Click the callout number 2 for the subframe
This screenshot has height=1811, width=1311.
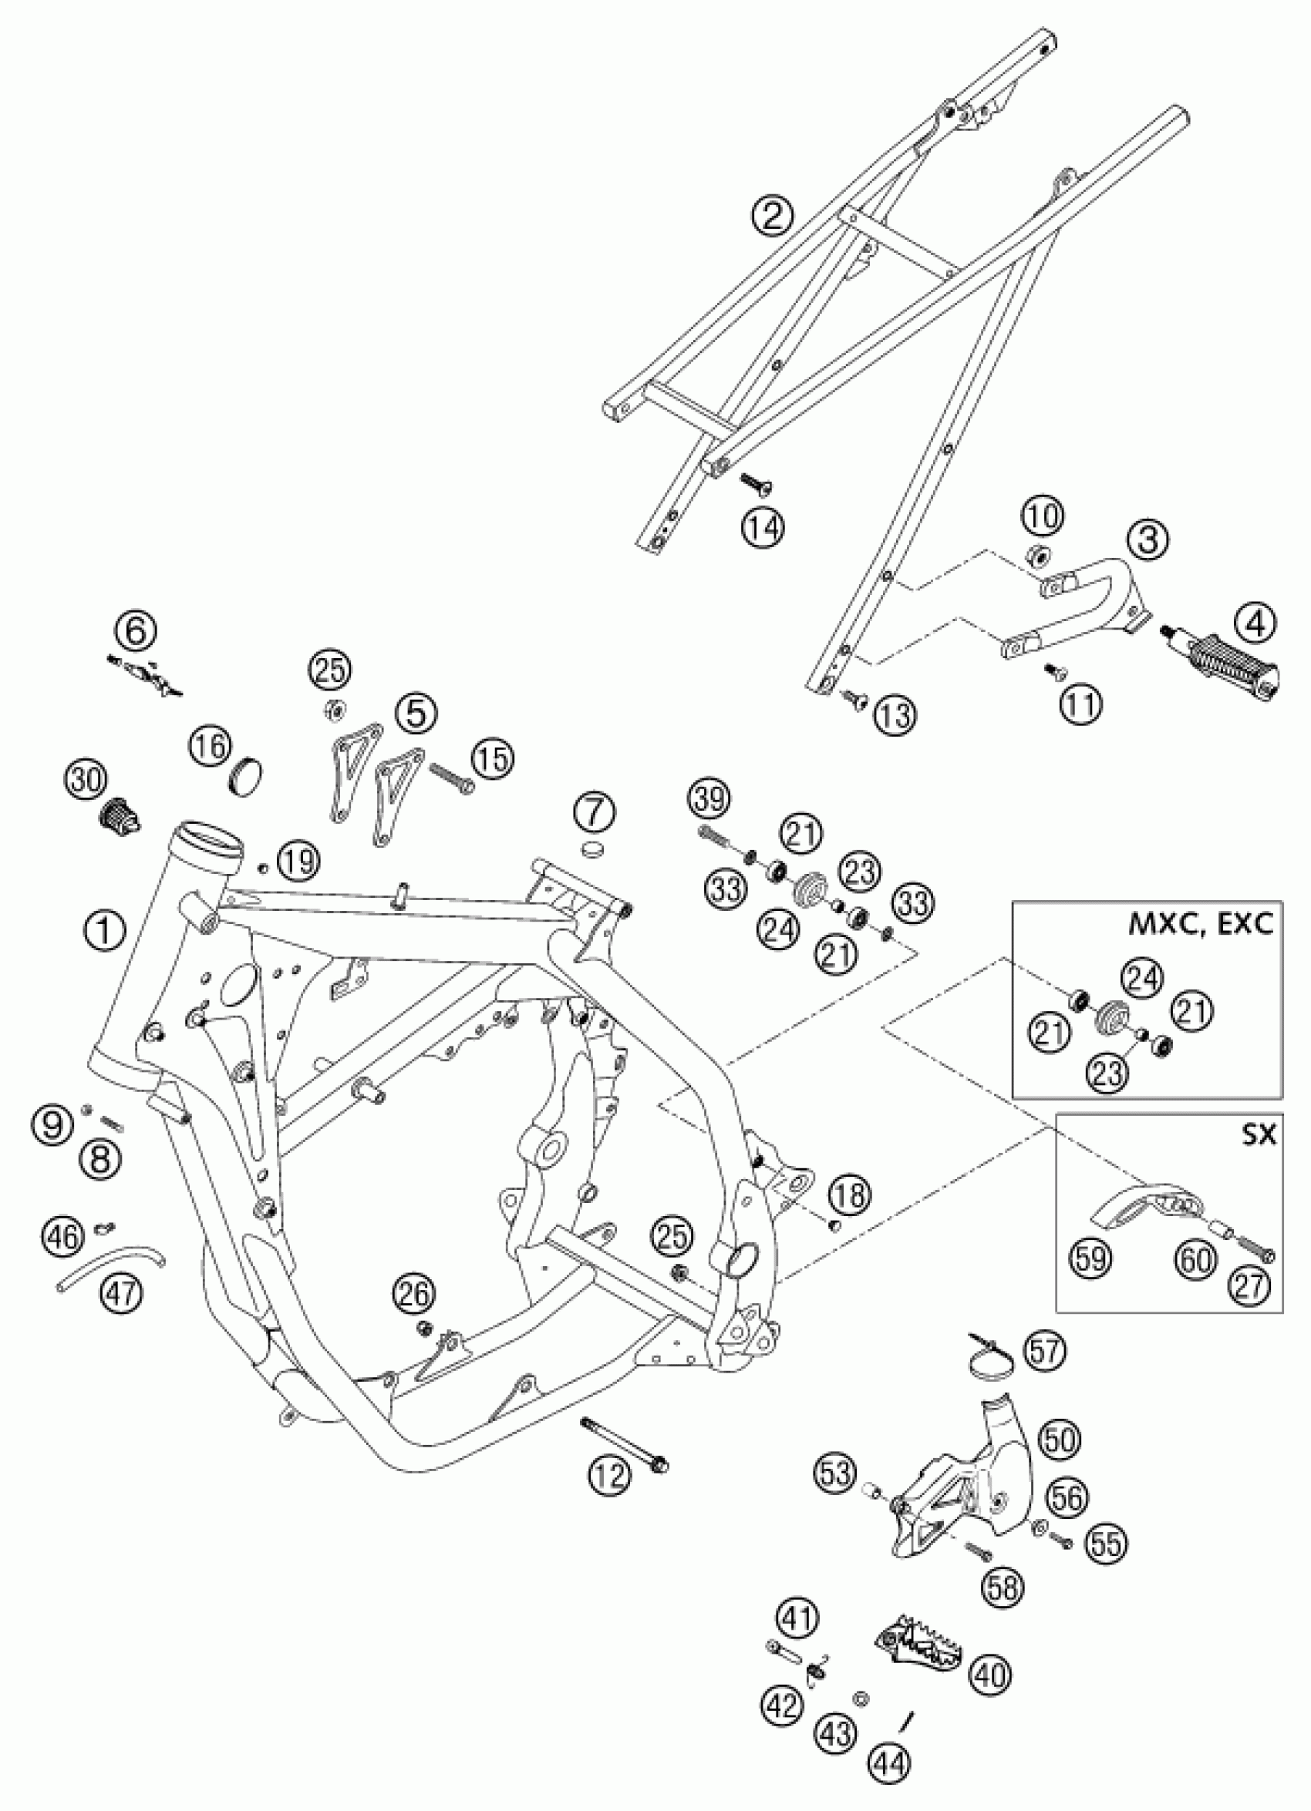pyautogui.click(x=773, y=217)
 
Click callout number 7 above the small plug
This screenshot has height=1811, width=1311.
pyautogui.click(x=598, y=814)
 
